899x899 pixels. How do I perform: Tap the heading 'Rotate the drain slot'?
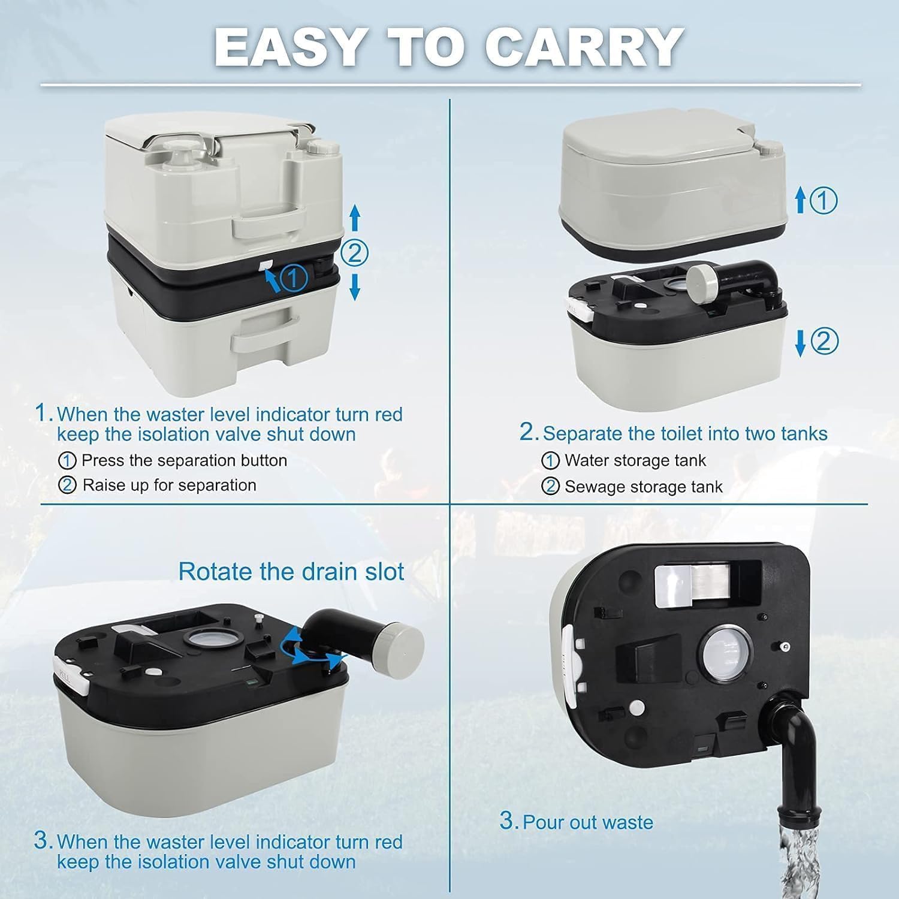pyautogui.click(x=291, y=571)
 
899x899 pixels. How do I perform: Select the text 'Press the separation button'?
pyautogui.click(x=184, y=460)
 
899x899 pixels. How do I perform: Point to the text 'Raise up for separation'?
pyautogui.click(x=169, y=485)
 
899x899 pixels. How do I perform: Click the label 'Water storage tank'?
pyautogui.click(x=635, y=460)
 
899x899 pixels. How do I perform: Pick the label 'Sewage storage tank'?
pyautogui.click(x=643, y=487)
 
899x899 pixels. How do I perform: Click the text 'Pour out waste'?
pyautogui.click(x=587, y=821)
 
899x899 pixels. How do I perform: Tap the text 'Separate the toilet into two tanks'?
pyautogui.click(x=684, y=433)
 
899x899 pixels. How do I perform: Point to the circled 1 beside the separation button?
pyautogui.click(x=294, y=277)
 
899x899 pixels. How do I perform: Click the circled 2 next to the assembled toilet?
pyautogui.click(x=354, y=254)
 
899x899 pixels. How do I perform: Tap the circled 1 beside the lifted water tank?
pyautogui.click(x=823, y=200)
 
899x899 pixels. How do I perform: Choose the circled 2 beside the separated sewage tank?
pyautogui.click(x=824, y=342)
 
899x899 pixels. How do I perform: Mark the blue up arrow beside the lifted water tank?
pyautogui.click(x=800, y=200)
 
